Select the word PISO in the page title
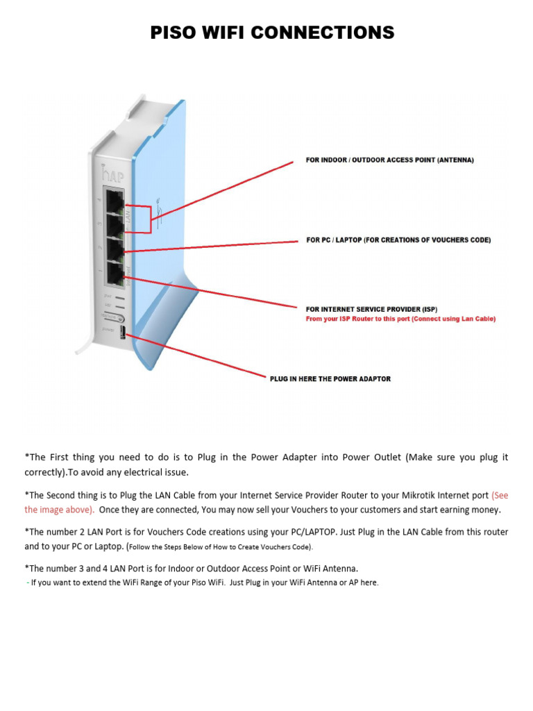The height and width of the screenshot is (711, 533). point(175,32)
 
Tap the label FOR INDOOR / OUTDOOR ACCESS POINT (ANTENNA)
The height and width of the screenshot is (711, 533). point(390,160)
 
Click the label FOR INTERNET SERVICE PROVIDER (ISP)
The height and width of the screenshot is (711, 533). point(371,309)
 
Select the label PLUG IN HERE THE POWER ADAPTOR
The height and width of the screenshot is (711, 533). point(330,379)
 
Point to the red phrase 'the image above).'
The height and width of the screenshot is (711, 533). point(59,509)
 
